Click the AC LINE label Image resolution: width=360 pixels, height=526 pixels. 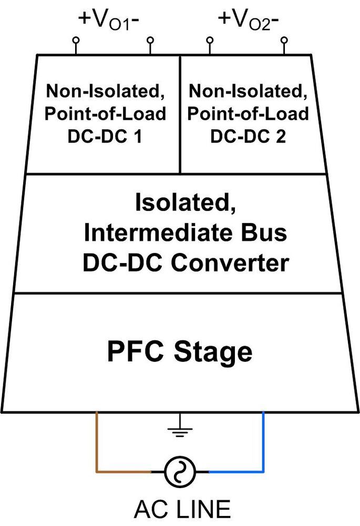(182, 509)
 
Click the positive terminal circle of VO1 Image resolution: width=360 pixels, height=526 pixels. (76, 41)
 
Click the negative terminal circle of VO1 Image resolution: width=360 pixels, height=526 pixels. (150, 41)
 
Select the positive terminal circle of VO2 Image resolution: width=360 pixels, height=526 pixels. (209, 41)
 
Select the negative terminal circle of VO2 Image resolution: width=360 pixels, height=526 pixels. (284, 41)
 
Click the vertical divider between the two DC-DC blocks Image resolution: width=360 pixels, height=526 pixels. (180, 116)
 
